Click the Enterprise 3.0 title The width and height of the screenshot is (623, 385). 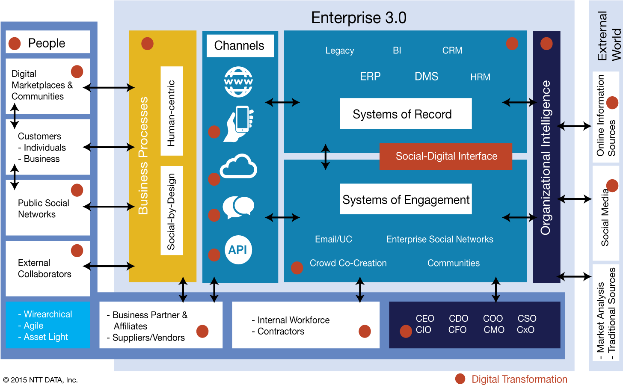click(x=359, y=18)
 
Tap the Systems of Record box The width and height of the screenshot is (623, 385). click(x=406, y=114)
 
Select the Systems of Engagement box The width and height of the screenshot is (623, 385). click(x=406, y=199)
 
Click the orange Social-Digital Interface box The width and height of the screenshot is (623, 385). click(x=446, y=157)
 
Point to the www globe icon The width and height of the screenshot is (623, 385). click(x=238, y=82)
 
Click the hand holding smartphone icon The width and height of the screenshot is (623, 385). click(x=239, y=124)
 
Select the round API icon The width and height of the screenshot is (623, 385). click(x=238, y=249)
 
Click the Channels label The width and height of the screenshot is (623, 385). click(x=240, y=46)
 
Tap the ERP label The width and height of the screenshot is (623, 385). click(x=370, y=77)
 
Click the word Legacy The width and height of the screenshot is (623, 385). click(x=340, y=51)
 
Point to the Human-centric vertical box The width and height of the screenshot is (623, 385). click(x=172, y=111)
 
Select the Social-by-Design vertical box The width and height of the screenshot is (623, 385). click(x=172, y=210)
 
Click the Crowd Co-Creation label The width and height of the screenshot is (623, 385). click(x=348, y=263)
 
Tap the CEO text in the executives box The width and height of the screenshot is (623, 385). click(x=425, y=319)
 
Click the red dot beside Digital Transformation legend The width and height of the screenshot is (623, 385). click(x=460, y=379)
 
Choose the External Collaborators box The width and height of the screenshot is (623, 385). click(x=47, y=268)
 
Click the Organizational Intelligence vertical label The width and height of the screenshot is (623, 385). click(x=546, y=157)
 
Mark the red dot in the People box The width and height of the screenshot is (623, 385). click(x=15, y=43)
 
